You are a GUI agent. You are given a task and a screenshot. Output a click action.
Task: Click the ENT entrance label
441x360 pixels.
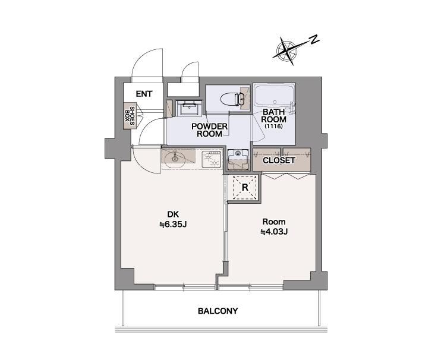tap(144, 94)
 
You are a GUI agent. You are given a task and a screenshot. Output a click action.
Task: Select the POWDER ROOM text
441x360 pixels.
tap(210, 130)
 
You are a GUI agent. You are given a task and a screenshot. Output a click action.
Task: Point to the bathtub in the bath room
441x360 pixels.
tap(274, 96)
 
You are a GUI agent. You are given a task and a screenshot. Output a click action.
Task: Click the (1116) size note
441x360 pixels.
tap(273, 127)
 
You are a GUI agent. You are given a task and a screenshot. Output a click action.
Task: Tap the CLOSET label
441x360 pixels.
tap(279, 160)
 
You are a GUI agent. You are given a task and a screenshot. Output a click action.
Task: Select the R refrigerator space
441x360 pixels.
tap(245, 188)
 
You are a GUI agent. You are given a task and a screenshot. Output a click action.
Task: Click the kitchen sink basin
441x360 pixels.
tap(175, 158)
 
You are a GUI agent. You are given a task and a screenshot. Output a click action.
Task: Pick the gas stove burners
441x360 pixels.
tap(212, 159)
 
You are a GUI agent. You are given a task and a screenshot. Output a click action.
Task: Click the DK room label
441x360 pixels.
tap(173, 214)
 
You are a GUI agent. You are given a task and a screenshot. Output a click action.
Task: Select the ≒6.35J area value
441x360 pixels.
tap(174, 225)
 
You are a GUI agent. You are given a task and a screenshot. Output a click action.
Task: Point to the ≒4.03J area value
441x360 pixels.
tap(274, 232)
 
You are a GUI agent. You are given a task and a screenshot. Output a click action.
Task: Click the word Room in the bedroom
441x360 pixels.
tap(274, 222)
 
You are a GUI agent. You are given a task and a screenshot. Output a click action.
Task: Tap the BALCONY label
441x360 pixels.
tap(218, 311)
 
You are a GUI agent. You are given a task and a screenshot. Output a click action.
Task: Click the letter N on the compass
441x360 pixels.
tap(314, 40)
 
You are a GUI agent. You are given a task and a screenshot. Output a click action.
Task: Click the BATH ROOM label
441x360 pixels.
tap(273, 116)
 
